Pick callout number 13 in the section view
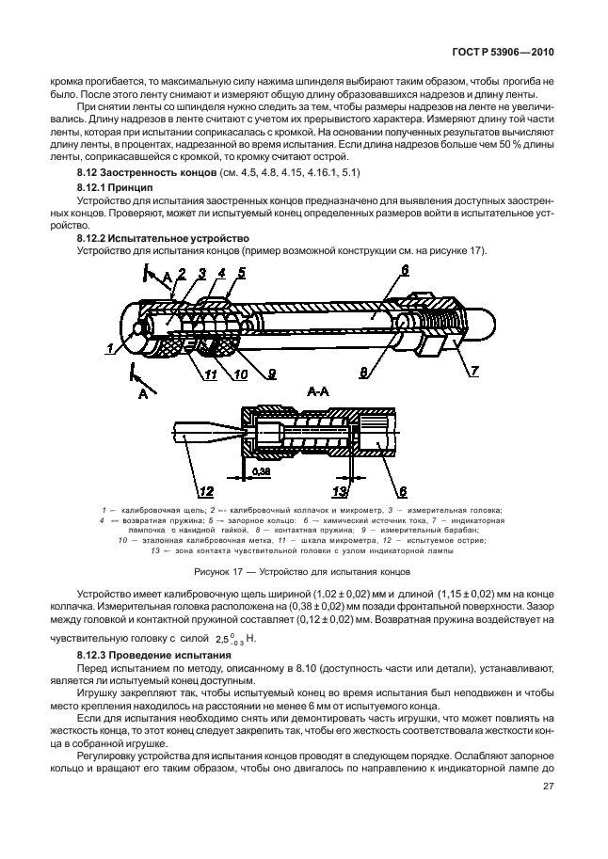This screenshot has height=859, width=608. pyautogui.click(x=341, y=489)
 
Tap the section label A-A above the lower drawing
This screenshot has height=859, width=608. pyautogui.click(x=316, y=388)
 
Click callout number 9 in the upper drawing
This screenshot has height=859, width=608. pyautogui.click(x=271, y=374)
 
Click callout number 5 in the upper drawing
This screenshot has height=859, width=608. pyautogui.click(x=241, y=273)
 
